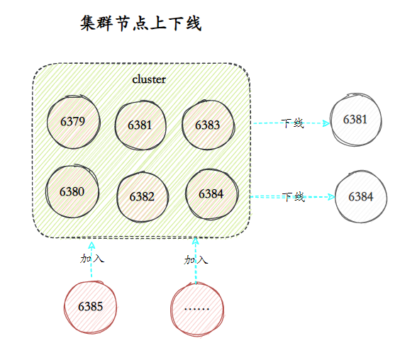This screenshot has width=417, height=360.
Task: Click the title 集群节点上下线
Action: click(141, 24)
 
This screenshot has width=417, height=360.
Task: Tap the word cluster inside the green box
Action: click(149, 79)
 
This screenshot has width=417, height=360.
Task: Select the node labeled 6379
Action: click(73, 122)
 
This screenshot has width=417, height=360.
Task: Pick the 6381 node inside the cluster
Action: click(140, 125)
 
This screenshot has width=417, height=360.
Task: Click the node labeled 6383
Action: click(208, 125)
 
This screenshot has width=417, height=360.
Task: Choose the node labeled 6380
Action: click(72, 191)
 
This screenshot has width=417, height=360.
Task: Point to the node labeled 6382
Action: click(142, 196)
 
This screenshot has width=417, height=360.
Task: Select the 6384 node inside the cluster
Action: click(211, 193)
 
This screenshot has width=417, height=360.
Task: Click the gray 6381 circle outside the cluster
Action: click(355, 119)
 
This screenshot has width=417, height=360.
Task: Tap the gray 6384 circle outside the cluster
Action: click(360, 196)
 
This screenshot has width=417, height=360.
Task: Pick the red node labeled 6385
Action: click(90, 307)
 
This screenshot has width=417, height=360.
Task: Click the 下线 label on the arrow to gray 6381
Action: click(292, 123)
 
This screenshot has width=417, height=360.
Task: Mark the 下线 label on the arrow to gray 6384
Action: click(294, 197)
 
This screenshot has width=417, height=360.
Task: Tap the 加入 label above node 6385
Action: click(92, 259)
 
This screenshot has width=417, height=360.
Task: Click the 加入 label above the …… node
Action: click(196, 260)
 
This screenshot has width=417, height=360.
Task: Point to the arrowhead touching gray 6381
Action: click(326, 123)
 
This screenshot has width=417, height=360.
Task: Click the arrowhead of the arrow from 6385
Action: click(92, 244)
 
